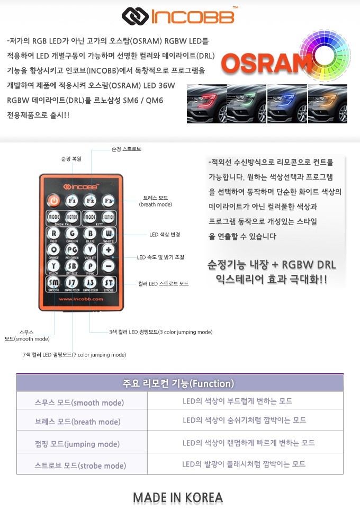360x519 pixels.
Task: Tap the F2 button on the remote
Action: [x=89, y=201]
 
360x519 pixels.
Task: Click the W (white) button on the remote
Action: [x=109, y=234]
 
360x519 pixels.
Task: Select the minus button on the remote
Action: [x=109, y=265]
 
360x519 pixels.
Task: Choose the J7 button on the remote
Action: [x=71, y=282]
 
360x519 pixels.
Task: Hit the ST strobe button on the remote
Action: [x=109, y=282]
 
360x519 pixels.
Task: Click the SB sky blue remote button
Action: [x=71, y=266]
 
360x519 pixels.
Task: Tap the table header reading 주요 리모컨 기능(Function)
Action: [x=180, y=383]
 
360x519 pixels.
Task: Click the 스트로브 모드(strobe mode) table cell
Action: [x=80, y=466]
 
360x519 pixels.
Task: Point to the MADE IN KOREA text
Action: [x=178, y=498]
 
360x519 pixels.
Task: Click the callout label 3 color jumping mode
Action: [x=161, y=332]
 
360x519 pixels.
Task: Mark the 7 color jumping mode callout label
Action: [x=74, y=354]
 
